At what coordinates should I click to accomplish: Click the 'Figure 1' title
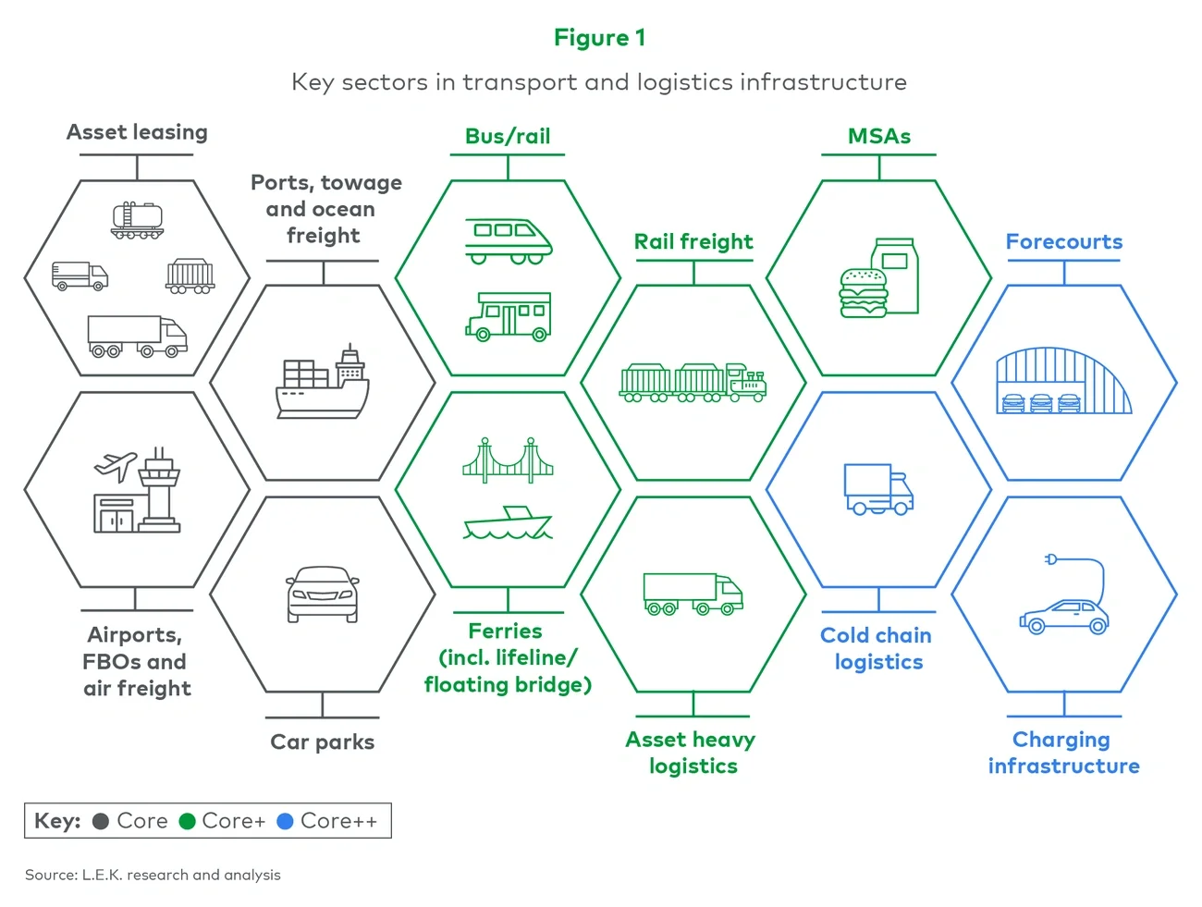pos(599,38)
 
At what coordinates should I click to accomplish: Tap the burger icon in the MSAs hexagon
pos(863,293)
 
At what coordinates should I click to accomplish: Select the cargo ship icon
pos(323,383)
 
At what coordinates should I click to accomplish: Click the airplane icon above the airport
pos(116,466)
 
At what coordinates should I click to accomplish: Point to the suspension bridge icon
pos(508,460)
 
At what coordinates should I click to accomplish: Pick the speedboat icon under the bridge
pos(508,523)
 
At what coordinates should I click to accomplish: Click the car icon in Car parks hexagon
pos(323,594)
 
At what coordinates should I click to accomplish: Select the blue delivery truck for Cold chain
pos(878,489)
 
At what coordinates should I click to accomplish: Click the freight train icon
pos(693,383)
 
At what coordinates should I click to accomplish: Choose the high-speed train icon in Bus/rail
pos(509,240)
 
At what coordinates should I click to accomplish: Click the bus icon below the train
pos(509,316)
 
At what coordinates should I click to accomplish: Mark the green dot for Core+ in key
pos(187,821)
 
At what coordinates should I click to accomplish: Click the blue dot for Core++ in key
pos(285,821)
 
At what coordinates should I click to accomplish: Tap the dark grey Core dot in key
pos(102,821)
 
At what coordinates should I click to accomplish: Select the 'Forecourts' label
pos(1064,242)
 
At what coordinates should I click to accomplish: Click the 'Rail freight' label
pos(693,242)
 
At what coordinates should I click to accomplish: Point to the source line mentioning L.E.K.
pos(153,875)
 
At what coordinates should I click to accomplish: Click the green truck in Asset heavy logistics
pos(693,594)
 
